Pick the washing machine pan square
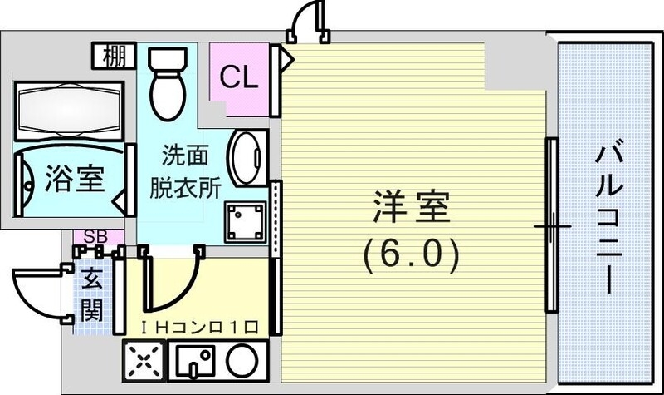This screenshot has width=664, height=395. pyautogui.click(x=244, y=221)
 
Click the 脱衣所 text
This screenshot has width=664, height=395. pyautogui.click(x=184, y=188)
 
